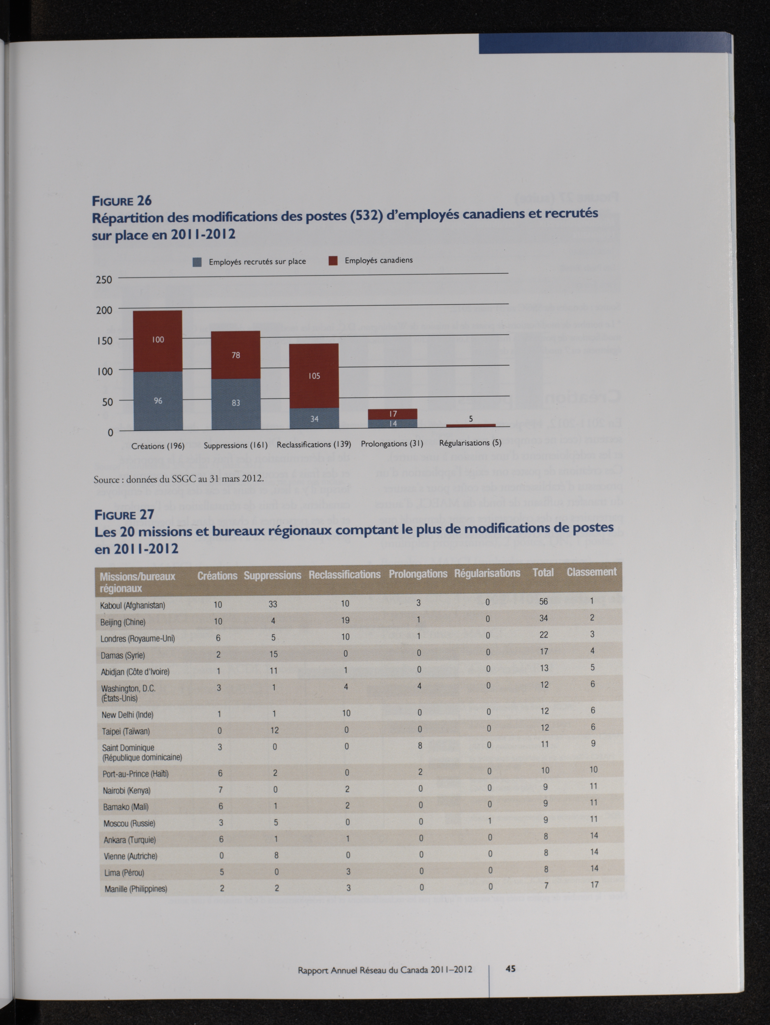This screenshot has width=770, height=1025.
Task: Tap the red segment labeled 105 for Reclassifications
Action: (x=314, y=376)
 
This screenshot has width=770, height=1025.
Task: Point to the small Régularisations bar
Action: (x=471, y=425)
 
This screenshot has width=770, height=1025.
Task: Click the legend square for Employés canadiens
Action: (x=332, y=261)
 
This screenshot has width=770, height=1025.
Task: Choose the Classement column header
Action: (x=591, y=572)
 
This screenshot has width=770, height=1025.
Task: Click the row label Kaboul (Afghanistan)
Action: (x=133, y=605)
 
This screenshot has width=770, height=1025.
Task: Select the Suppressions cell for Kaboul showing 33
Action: (x=273, y=604)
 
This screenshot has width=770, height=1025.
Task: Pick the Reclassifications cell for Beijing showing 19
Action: (x=345, y=620)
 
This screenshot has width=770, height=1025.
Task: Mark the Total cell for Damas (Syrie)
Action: (x=544, y=651)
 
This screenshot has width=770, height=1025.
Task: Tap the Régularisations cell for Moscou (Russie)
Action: (x=489, y=821)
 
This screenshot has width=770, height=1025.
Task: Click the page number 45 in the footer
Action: (x=510, y=968)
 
